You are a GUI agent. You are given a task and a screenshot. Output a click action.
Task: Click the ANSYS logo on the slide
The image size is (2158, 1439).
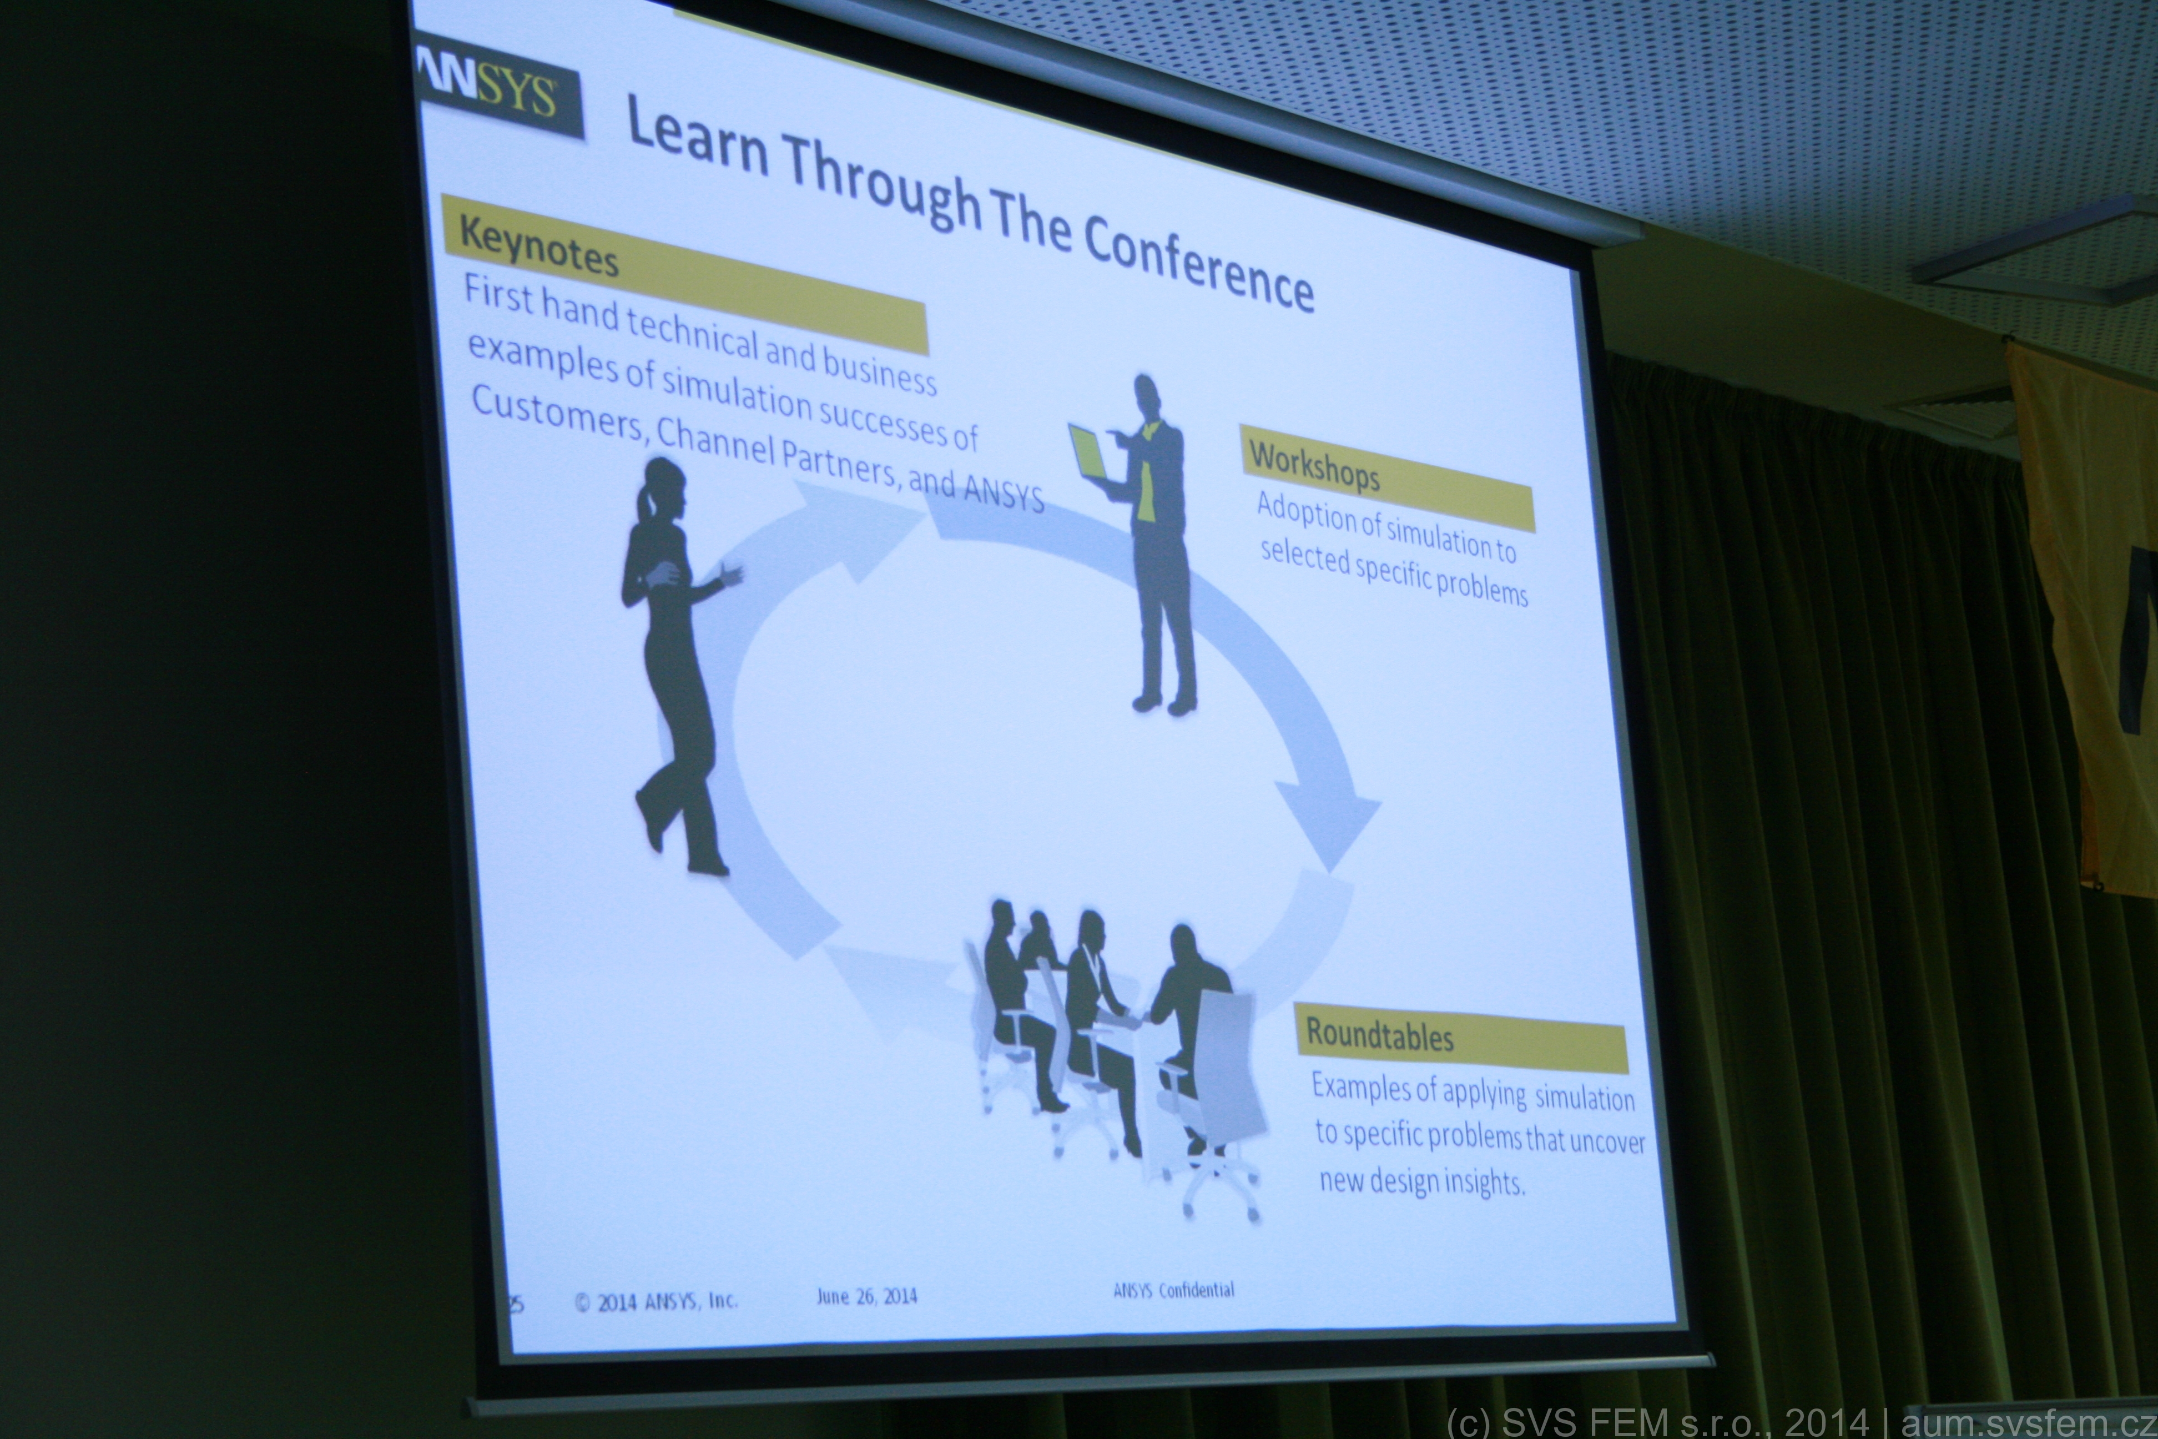pyautogui.click(x=496, y=97)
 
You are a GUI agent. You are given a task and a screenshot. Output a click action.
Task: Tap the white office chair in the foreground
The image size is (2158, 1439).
pyautogui.click(x=1211, y=1101)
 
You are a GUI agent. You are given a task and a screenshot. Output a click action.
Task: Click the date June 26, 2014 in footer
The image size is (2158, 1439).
pyautogui.click(x=866, y=1296)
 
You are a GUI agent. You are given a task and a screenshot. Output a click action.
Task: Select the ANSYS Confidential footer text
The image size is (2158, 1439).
pyautogui.click(x=1173, y=1290)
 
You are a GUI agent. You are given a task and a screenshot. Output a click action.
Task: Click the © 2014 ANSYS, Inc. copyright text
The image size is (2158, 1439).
pyautogui.click(x=656, y=1301)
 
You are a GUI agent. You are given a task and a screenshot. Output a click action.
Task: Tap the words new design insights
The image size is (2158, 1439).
pyautogui.click(x=1421, y=1180)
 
